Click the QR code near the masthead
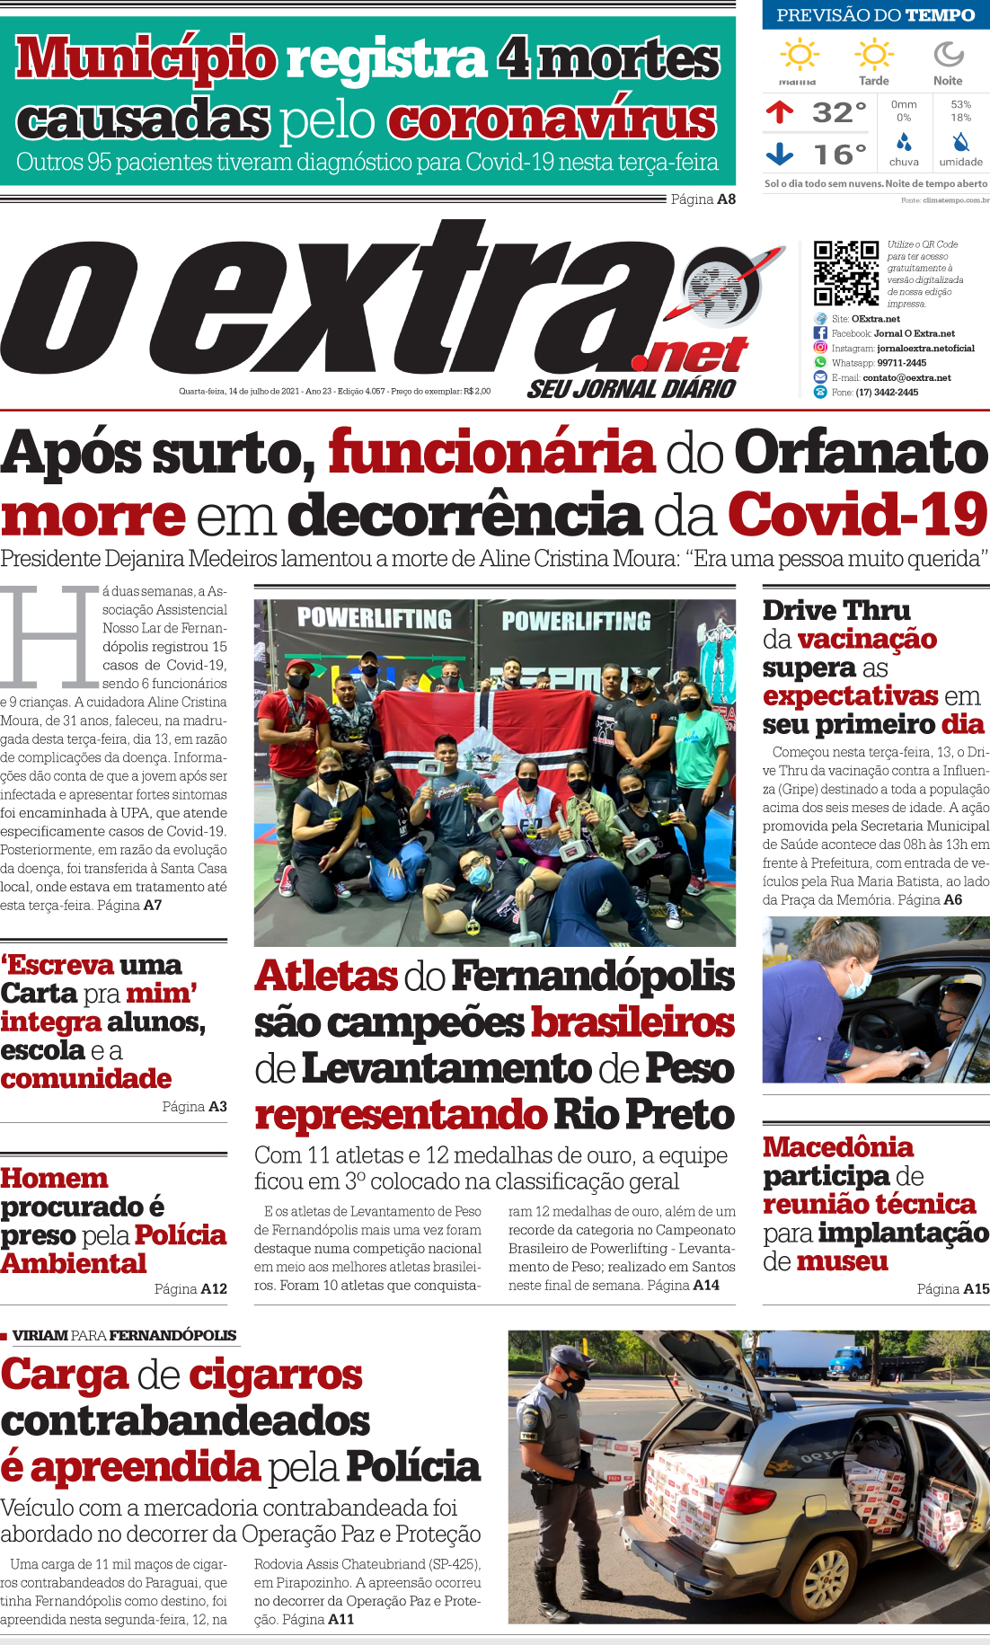(x=845, y=273)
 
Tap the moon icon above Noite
(x=948, y=55)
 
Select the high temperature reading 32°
(x=839, y=112)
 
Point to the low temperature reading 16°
(x=840, y=155)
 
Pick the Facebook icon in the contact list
(x=820, y=333)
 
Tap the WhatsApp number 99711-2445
(x=901, y=363)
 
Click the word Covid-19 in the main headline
(x=857, y=515)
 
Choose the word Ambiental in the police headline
(x=74, y=1263)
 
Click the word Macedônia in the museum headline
(x=837, y=1147)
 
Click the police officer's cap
(x=568, y=1356)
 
